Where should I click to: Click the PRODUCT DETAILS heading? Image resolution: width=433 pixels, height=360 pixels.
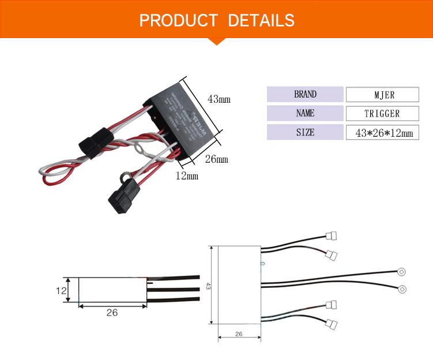[x=217, y=21]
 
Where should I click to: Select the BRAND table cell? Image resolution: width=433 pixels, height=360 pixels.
[x=305, y=94]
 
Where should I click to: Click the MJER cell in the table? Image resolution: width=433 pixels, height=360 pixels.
[x=382, y=95]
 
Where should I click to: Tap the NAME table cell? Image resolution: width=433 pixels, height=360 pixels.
[x=305, y=113]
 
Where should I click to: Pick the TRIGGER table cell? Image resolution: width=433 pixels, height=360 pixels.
[x=382, y=114]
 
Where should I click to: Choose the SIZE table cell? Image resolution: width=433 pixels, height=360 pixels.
[x=305, y=132]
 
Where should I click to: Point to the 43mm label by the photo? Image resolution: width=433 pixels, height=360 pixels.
[x=219, y=99]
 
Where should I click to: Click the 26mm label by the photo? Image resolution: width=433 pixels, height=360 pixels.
[x=217, y=159]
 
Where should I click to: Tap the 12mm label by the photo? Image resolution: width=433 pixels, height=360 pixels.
[x=186, y=175]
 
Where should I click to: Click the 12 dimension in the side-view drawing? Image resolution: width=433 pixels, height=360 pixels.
[x=62, y=290]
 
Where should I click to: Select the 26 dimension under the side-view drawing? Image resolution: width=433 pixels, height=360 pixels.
[x=112, y=313]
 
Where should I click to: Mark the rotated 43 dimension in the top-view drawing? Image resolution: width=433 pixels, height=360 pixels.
[x=208, y=286]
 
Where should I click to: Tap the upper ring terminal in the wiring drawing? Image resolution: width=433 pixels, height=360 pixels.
[x=402, y=271]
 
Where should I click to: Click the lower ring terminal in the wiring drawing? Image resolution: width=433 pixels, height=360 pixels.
[x=402, y=289]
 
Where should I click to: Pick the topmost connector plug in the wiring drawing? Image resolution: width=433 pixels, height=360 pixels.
[x=331, y=235]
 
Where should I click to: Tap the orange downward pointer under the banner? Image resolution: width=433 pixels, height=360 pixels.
[x=216, y=40]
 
